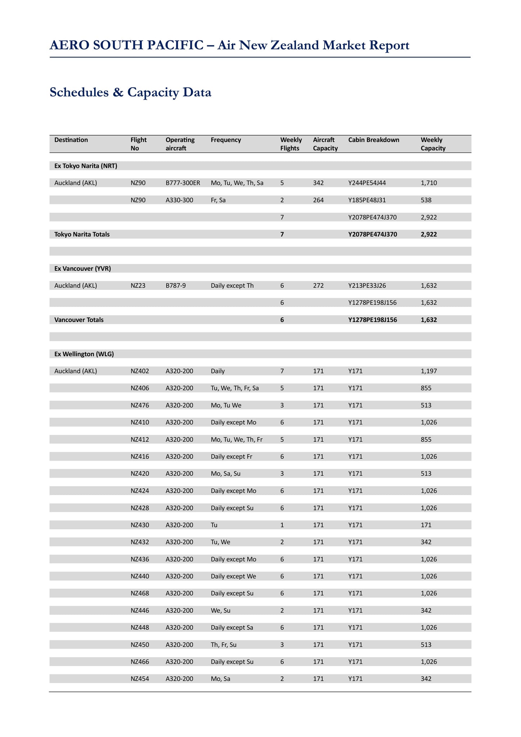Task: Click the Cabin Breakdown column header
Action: coord(374,140)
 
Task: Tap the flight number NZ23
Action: coord(138,286)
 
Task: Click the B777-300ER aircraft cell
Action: coord(183,183)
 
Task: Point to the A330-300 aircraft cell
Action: coord(180,200)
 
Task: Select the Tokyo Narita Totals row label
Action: coord(82,234)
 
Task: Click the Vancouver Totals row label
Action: coord(79,320)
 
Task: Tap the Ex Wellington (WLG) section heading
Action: coord(84,354)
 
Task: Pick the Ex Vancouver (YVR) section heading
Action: coord(83,269)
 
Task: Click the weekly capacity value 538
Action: coord(426,200)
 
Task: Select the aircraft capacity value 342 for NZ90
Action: coord(318,183)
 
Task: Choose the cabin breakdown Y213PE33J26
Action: coord(367,286)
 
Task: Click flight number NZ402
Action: coord(140,371)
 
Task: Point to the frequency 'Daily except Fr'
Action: coord(231,456)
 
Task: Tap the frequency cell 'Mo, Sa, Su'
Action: coord(226,474)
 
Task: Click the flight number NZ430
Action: coord(140,525)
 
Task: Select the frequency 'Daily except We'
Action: coord(233,576)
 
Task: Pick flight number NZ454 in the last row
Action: coord(140,679)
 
